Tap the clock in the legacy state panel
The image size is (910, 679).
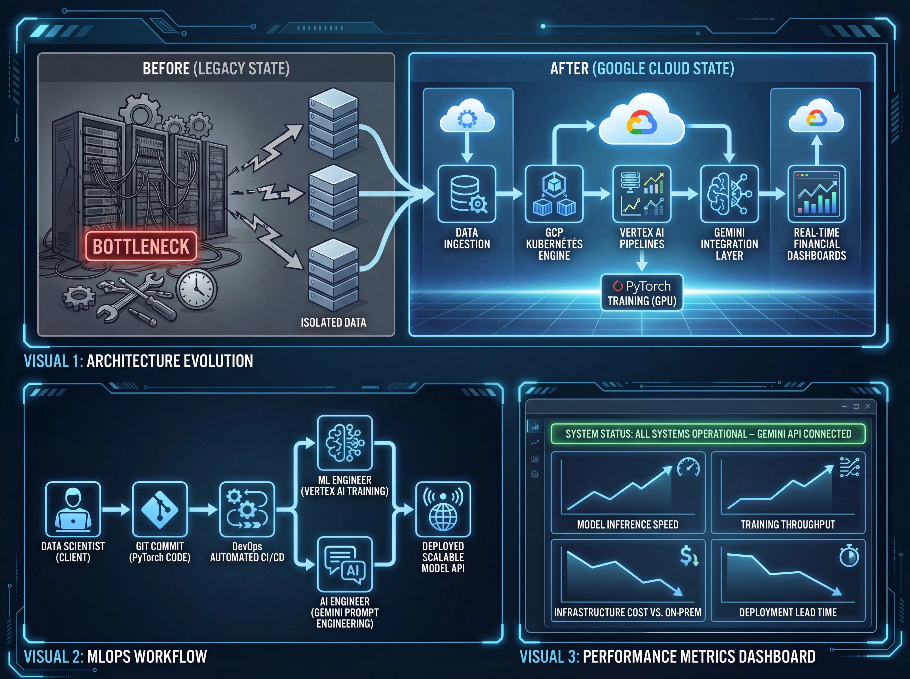pos(197,289)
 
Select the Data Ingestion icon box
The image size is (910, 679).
pos(467,194)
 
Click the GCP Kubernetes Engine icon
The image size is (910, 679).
pos(554,194)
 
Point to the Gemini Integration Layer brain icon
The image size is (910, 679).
pos(729,194)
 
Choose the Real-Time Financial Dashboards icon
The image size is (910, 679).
pos(817,194)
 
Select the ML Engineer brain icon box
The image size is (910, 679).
pos(345,443)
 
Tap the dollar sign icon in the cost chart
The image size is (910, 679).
pos(688,556)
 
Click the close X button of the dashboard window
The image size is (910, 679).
pos(868,406)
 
